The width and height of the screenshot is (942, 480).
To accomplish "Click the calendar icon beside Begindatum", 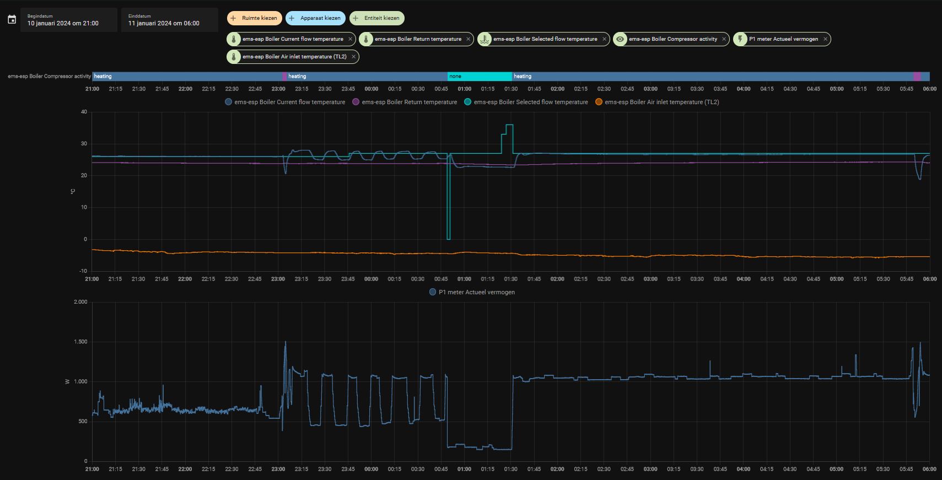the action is tap(12, 19).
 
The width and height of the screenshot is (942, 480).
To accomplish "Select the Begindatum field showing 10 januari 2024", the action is tap(68, 20).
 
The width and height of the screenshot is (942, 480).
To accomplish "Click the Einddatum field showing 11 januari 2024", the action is tap(169, 20).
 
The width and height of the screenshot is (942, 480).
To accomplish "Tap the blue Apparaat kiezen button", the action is tap(315, 18).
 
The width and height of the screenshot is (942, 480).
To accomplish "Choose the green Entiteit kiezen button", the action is tap(377, 18).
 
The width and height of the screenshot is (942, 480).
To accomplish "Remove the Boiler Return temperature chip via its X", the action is tap(468, 39).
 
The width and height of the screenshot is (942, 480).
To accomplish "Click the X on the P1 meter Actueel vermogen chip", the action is tap(825, 39).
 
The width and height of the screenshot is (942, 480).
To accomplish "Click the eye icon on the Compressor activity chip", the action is tap(620, 39).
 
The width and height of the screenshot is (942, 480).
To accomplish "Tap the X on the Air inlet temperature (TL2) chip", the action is tap(353, 57).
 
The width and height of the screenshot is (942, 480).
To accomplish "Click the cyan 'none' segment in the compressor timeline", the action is tap(480, 77).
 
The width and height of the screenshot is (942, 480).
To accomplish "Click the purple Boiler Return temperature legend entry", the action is tap(405, 102).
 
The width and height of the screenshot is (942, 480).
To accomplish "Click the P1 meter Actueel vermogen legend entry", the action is tap(472, 292).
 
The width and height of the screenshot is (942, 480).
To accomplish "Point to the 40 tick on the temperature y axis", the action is tap(84, 112).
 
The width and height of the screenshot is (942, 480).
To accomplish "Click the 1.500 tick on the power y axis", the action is tap(80, 342).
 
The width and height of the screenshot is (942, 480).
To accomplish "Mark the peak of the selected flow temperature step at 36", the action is tap(509, 125).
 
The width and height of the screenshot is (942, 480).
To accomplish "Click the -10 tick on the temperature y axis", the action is tap(83, 271).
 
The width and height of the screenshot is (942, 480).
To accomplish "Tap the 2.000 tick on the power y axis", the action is tap(80, 302).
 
